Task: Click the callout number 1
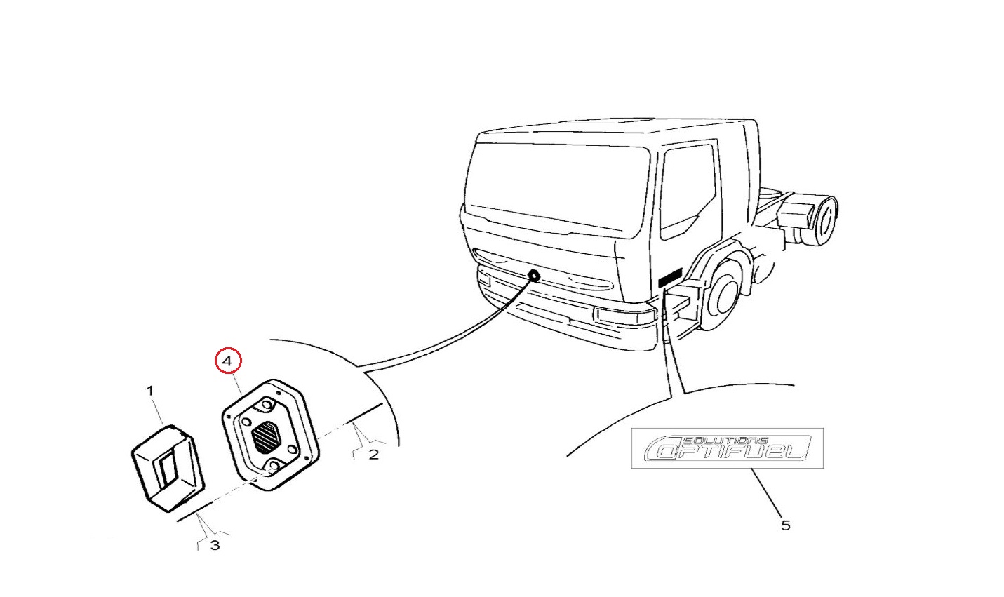pos(150,391)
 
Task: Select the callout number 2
pos(374,455)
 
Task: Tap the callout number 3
pos(215,546)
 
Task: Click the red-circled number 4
pos(228,361)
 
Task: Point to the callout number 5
pos(786,525)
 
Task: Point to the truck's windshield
pos(557,188)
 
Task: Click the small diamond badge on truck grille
pos(533,275)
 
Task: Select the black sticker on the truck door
pos(669,277)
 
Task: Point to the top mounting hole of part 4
pos(267,404)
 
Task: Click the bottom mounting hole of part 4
pos(274,465)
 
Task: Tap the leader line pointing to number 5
pos(767,492)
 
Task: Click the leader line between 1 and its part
pos(158,411)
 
